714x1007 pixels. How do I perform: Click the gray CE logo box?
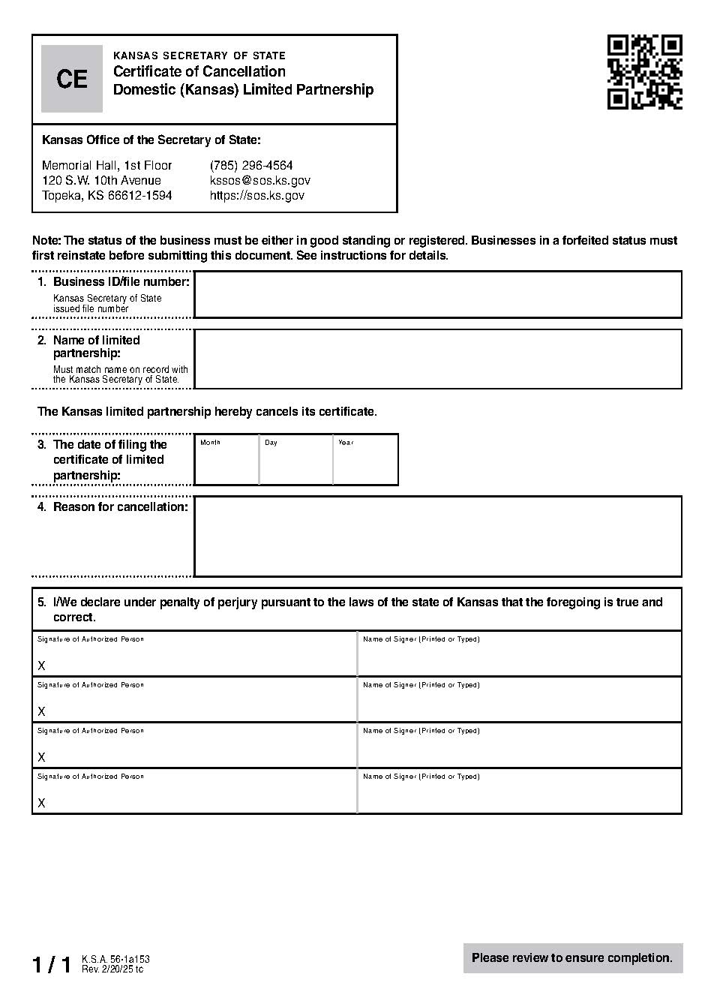coord(72,79)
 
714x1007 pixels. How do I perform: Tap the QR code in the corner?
coord(644,72)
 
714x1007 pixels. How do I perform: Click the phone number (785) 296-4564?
coord(251,165)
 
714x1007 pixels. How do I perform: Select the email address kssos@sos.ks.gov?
coord(259,180)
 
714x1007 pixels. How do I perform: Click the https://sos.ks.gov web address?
coord(256,195)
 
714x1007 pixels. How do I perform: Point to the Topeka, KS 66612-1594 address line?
coord(106,195)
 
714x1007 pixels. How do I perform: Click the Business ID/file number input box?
coord(437,295)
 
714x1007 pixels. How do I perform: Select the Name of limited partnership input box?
coord(437,359)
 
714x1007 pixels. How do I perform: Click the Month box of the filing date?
coord(226,461)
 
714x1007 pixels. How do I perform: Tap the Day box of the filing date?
coord(296,461)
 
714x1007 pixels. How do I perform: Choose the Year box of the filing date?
coord(365,461)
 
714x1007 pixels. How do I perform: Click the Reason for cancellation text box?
coord(437,536)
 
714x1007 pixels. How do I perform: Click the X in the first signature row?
coord(42,666)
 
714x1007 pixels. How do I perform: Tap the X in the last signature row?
coord(42,803)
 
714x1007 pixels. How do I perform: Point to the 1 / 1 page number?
coord(52,965)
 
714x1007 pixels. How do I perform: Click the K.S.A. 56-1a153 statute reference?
coord(115,959)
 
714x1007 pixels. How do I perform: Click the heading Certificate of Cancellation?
coord(199,72)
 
